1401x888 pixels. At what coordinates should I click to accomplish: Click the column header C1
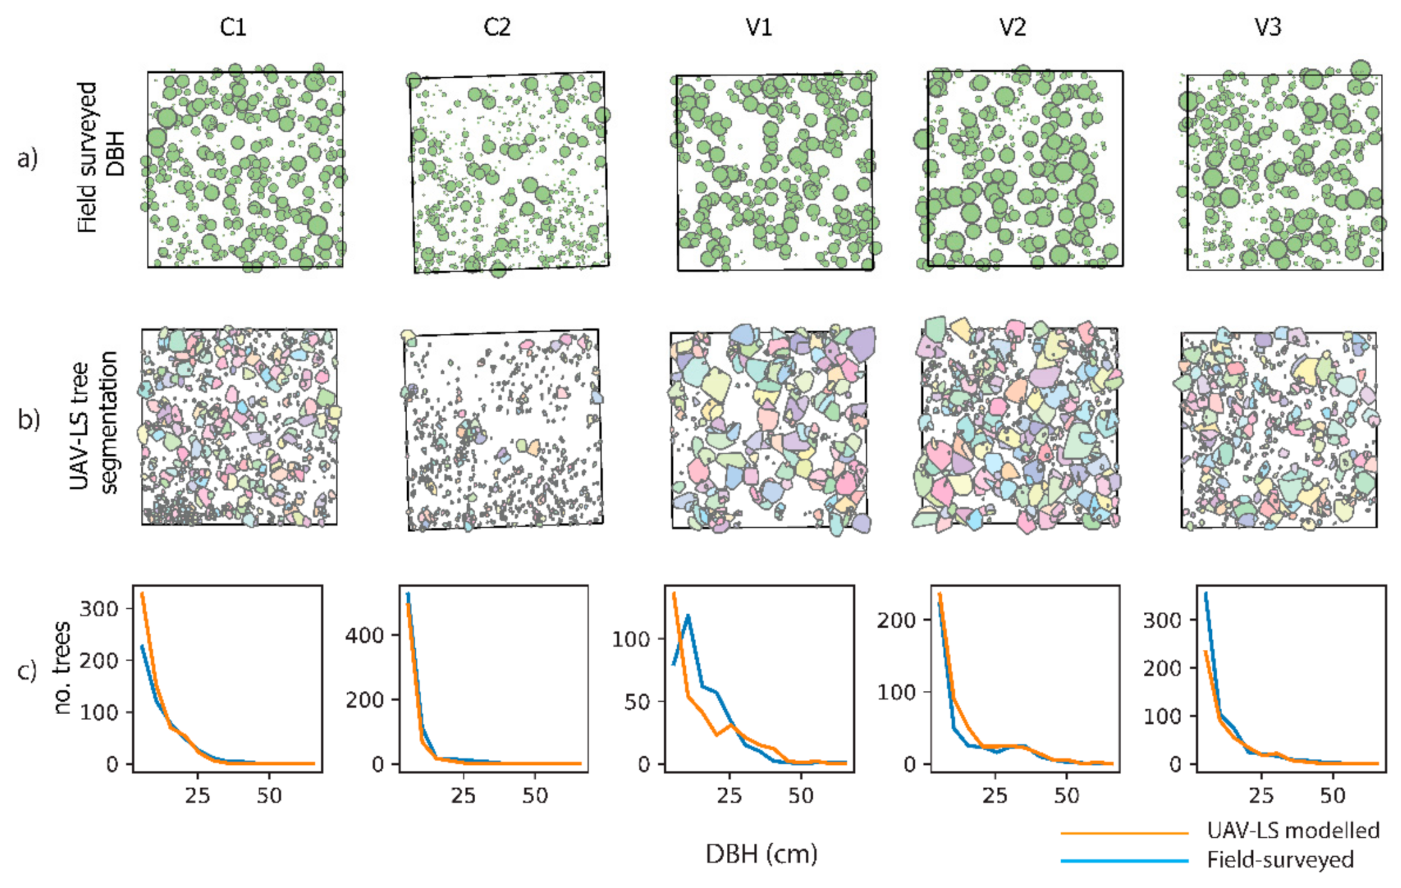pyautogui.click(x=233, y=28)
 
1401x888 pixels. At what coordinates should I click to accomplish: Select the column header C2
pyautogui.click(x=497, y=28)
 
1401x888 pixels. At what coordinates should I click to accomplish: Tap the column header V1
pyautogui.click(x=759, y=28)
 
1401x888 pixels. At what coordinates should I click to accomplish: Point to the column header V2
pyautogui.click(x=1012, y=28)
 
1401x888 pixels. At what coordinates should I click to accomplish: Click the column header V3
pyautogui.click(x=1268, y=28)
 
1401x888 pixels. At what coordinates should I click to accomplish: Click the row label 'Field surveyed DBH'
pyautogui.click(x=101, y=158)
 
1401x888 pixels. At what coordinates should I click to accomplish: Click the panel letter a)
pyautogui.click(x=28, y=159)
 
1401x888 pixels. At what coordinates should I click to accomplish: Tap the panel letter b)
pyautogui.click(x=29, y=420)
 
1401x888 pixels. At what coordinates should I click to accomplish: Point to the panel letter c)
pyautogui.click(x=28, y=671)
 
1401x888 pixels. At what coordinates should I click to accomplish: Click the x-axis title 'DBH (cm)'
pyautogui.click(x=761, y=854)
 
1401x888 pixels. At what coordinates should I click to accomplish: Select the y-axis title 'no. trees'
pyautogui.click(x=62, y=668)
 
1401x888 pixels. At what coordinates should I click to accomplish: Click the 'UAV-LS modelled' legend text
pyautogui.click(x=1293, y=830)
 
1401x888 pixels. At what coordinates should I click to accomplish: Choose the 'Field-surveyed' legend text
pyautogui.click(x=1280, y=860)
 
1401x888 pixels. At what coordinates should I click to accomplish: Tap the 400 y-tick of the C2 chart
pyautogui.click(x=364, y=635)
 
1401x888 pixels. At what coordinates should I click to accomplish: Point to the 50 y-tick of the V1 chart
pyautogui.click(x=636, y=702)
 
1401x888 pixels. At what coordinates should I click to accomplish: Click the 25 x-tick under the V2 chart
pyautogui.click(x=994, y=796)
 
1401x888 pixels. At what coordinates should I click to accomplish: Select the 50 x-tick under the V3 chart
pyautogui.click(x=1332, y=796)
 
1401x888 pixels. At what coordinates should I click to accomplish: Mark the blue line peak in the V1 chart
pyautogui.click(x=688, y=615)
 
